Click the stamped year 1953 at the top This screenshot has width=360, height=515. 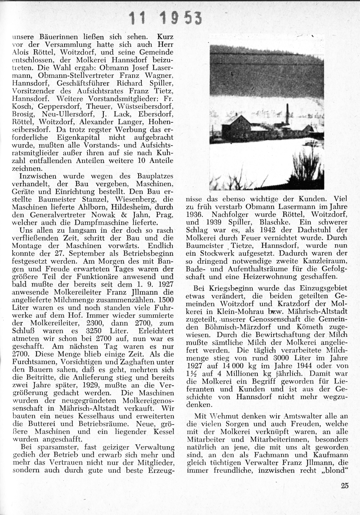coord(181,18)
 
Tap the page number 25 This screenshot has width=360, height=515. coord(345,485)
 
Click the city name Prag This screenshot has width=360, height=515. coord(165,215)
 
